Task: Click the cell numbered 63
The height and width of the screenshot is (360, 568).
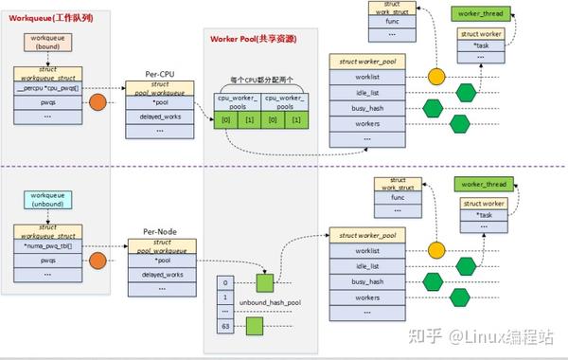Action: point(224,326)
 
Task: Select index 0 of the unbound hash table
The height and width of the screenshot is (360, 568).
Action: point(224,281)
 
